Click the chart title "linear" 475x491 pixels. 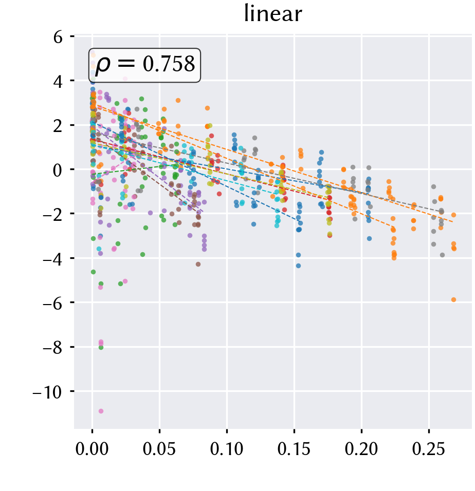(x=273, y=14)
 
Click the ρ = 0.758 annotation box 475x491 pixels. (x=144, y=65)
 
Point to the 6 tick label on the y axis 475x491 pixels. (x=58, y=37)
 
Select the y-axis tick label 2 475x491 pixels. (x=58, y=125)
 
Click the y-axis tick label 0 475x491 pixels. (x=58, y=170)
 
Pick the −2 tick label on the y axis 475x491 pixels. (x=52, y=215)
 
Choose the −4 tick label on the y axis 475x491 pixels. (x=52, y=259)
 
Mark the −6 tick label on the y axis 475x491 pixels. (x=52, y=303)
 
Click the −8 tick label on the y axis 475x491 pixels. (x=52, y=348)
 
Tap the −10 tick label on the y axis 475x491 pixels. (x=47, y=392)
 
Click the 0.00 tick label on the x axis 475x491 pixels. (x=92, y=449)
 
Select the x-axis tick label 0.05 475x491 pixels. (x=159, y=449)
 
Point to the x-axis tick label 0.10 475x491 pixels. (x=227, y=449)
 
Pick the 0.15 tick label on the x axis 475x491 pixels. (x=294, y=449)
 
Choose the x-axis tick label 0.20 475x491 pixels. (x=361, y=449)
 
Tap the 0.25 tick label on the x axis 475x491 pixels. (x=429, y=449)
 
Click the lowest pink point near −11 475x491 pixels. (x=101, y=411)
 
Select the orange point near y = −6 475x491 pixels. (x=453, y=299)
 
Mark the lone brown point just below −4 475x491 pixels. (x=198, y=265)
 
